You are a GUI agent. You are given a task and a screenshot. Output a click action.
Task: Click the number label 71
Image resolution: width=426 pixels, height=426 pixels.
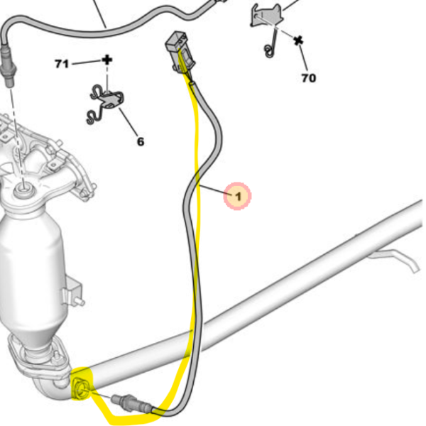pos(62,65)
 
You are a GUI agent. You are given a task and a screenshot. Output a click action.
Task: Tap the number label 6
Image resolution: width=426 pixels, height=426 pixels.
pos(140,141)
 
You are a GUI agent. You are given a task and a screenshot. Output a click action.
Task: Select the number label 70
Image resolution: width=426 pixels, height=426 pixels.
pos(308,77)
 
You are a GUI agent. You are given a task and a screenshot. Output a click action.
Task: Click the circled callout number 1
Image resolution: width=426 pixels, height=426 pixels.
pos(239,195)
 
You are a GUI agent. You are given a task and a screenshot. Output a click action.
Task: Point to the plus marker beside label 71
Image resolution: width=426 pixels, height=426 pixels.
pos(107,60)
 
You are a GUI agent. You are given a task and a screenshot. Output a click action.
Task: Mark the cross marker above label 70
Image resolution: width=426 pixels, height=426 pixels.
pos(298,40)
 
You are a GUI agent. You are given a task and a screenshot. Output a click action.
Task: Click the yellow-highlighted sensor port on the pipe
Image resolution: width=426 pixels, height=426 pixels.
pos(81,386)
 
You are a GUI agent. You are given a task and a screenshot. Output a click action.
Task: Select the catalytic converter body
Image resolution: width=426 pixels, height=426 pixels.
pos(32,263)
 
